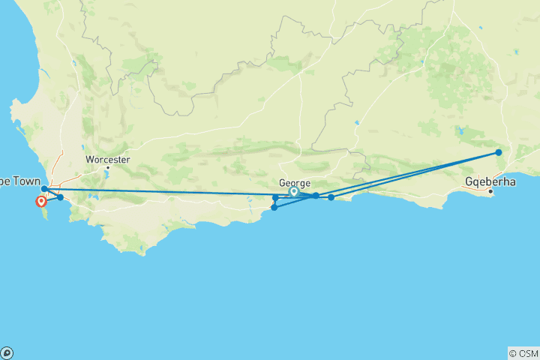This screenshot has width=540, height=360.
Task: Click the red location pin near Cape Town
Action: coord(41,201)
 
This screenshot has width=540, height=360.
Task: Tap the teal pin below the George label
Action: coord(294,192)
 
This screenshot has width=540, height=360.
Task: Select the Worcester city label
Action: coord(107,159)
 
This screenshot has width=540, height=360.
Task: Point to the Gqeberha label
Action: coord(490,181)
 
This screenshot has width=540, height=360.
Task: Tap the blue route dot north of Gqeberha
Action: coord(499,152)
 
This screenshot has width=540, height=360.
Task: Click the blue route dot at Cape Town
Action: coord(44,189)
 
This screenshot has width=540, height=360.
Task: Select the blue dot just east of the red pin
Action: coord(60,197)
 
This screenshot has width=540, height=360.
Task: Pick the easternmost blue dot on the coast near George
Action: coord(331,197)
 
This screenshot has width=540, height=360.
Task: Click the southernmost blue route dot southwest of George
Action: coord(274,207)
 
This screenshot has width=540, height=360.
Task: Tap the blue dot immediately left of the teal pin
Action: coord(276,198)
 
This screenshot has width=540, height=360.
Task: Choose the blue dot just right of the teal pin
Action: coord(316,195)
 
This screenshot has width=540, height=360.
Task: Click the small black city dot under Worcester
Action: coord(107,167)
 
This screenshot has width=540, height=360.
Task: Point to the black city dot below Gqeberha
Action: coord(490,191)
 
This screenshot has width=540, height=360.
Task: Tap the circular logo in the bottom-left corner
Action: coord(7,353)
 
